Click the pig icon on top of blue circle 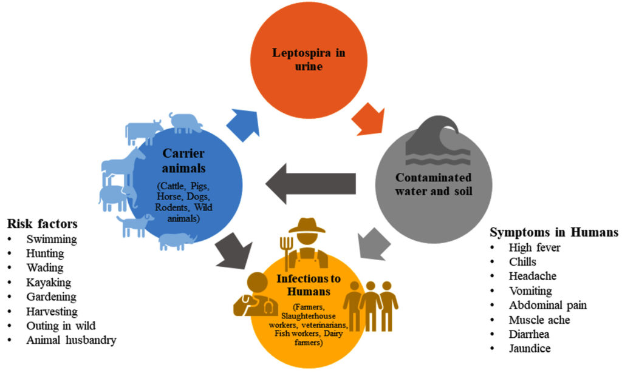[186, 123]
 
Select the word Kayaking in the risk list [49, 282]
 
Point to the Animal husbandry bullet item [70, 340]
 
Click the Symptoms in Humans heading [553, 232]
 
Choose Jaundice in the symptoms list [530, 348]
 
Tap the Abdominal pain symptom [548, 304]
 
